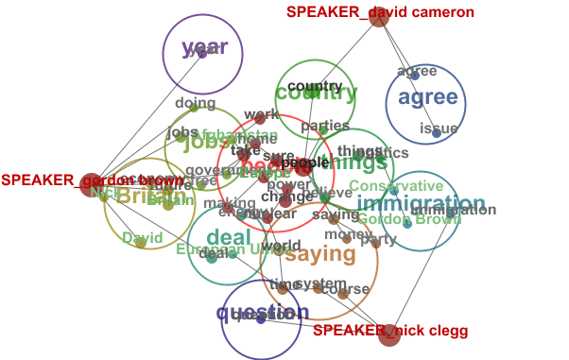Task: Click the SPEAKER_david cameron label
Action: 365,12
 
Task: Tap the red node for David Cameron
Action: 379,17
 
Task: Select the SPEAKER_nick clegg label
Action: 376,331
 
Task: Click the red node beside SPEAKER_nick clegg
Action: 389,334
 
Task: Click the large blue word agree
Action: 427,97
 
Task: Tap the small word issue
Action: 439,129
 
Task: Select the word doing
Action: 196,103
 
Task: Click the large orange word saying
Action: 320,253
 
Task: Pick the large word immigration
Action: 422,204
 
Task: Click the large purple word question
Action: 262,314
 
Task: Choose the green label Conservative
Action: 395,186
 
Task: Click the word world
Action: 281,247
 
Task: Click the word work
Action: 262,114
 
